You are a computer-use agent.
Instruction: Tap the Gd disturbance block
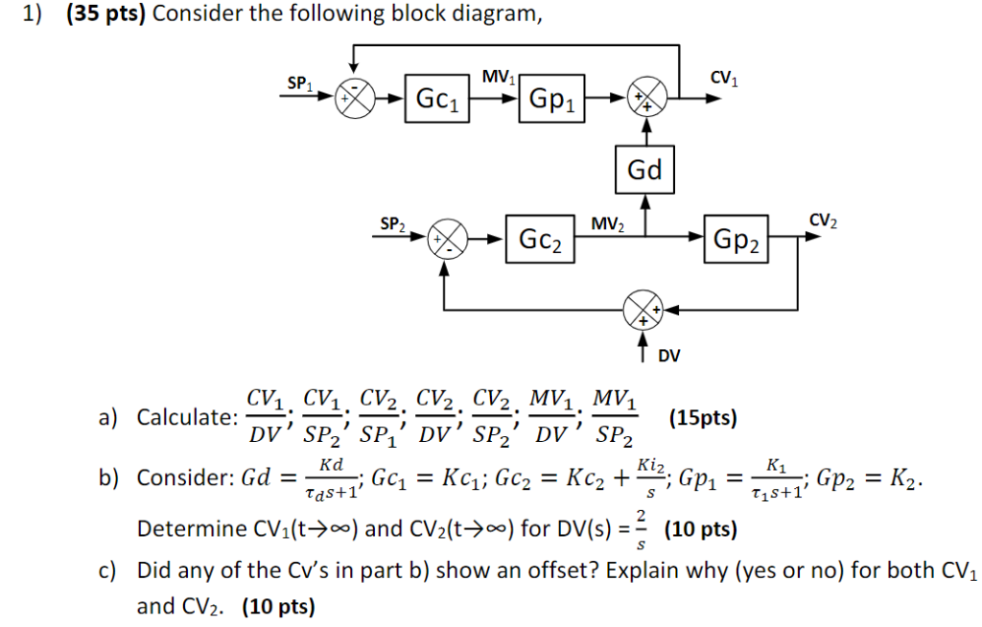click(645, 170)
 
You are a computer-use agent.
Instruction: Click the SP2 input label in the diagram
click(392, 224)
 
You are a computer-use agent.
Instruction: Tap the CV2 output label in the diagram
click(823, 221)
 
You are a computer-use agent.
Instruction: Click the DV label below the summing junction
click(668, 357)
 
